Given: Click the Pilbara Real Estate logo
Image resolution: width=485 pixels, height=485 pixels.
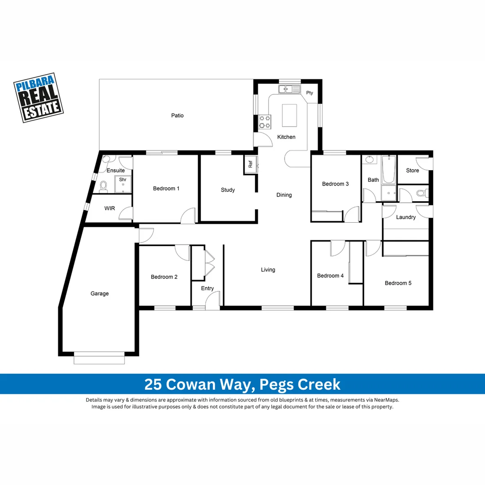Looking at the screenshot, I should (39, 97).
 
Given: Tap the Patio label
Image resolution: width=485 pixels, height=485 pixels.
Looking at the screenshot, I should (177, 115).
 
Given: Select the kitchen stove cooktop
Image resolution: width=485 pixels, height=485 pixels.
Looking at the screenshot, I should (265, 120).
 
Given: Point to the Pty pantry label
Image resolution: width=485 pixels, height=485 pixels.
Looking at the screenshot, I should (309, 93).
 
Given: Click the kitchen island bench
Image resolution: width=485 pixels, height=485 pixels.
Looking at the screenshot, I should (289, 115).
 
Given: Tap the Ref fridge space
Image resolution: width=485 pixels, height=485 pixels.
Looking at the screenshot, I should (250, 164).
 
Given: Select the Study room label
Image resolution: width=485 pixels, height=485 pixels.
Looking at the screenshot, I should (228, 190).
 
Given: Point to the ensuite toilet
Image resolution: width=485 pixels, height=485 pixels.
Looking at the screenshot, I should (103, 185).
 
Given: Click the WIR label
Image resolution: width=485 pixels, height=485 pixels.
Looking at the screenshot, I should (110, 208).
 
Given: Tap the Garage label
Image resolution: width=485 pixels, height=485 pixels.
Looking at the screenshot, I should (100, 294).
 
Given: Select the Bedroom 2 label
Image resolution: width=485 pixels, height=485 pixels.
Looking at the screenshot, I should (164, 277).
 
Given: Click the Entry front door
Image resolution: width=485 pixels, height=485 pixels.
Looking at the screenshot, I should (212, 301).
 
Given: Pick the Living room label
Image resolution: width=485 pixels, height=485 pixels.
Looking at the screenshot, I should (268, 270).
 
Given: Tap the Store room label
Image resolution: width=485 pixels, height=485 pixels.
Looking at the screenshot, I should (412, 171).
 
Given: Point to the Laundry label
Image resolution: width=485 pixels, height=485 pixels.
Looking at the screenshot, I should (406, 217).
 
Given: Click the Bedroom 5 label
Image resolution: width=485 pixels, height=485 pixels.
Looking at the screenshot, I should (398, 283).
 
